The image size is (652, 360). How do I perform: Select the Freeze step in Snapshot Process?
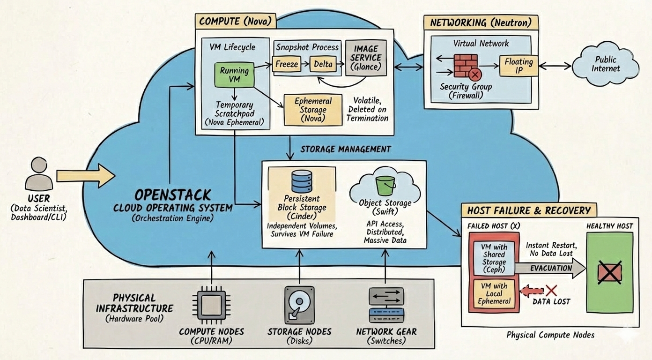tap(286, 64)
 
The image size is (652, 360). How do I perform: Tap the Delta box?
tap(323, 64)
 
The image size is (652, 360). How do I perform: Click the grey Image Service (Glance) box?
tap(365, 58)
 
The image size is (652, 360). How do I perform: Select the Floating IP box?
tap(519, 66)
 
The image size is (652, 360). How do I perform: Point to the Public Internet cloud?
tap(605, 64)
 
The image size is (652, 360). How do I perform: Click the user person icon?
tap(38, 174)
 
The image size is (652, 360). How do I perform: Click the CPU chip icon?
tap(211, 305)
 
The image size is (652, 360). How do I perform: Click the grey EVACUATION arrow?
tap(550, 269)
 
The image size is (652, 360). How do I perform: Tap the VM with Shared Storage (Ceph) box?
tap(494, 258)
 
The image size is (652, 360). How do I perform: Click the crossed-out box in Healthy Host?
tap(610, 272)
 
